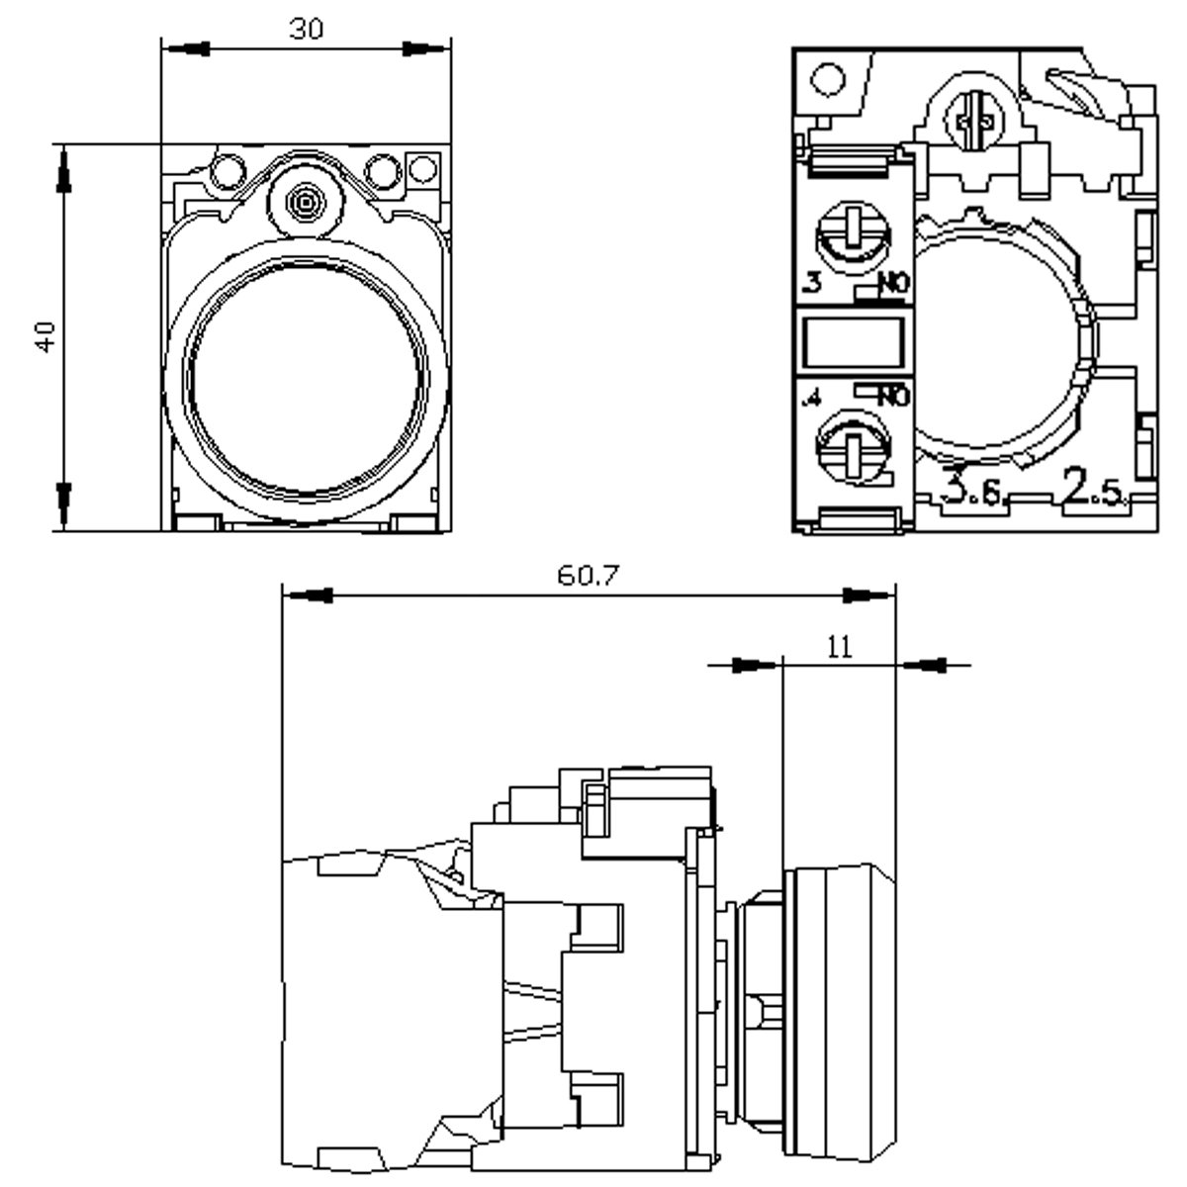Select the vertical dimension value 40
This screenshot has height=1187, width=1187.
pyautogui.click(x=45, y=336)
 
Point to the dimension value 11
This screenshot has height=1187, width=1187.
pyautogui.click(x=839, y=647)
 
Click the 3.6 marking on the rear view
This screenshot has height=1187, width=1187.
pyautogui.click(x=973, y=489)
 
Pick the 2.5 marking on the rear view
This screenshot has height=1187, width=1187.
pyautogui.click(x=1093, y=489)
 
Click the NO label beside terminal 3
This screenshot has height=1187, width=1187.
pyautogui.click(x=890, y=285)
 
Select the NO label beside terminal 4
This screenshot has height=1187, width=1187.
pyautogui.click(x=890, y=397)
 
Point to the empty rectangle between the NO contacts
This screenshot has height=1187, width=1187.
pyautogui.click(x=853, y=340)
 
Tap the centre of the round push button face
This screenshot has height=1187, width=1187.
pyautogui.click(x=308, y=380)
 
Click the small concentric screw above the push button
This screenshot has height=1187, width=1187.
pyautogui.click(x=305, y=203)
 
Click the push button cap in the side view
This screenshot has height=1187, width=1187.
pyautogui.click(x=839, y=1009)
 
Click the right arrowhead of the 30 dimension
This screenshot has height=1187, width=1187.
pyautogui.click(x=420, y=46)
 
